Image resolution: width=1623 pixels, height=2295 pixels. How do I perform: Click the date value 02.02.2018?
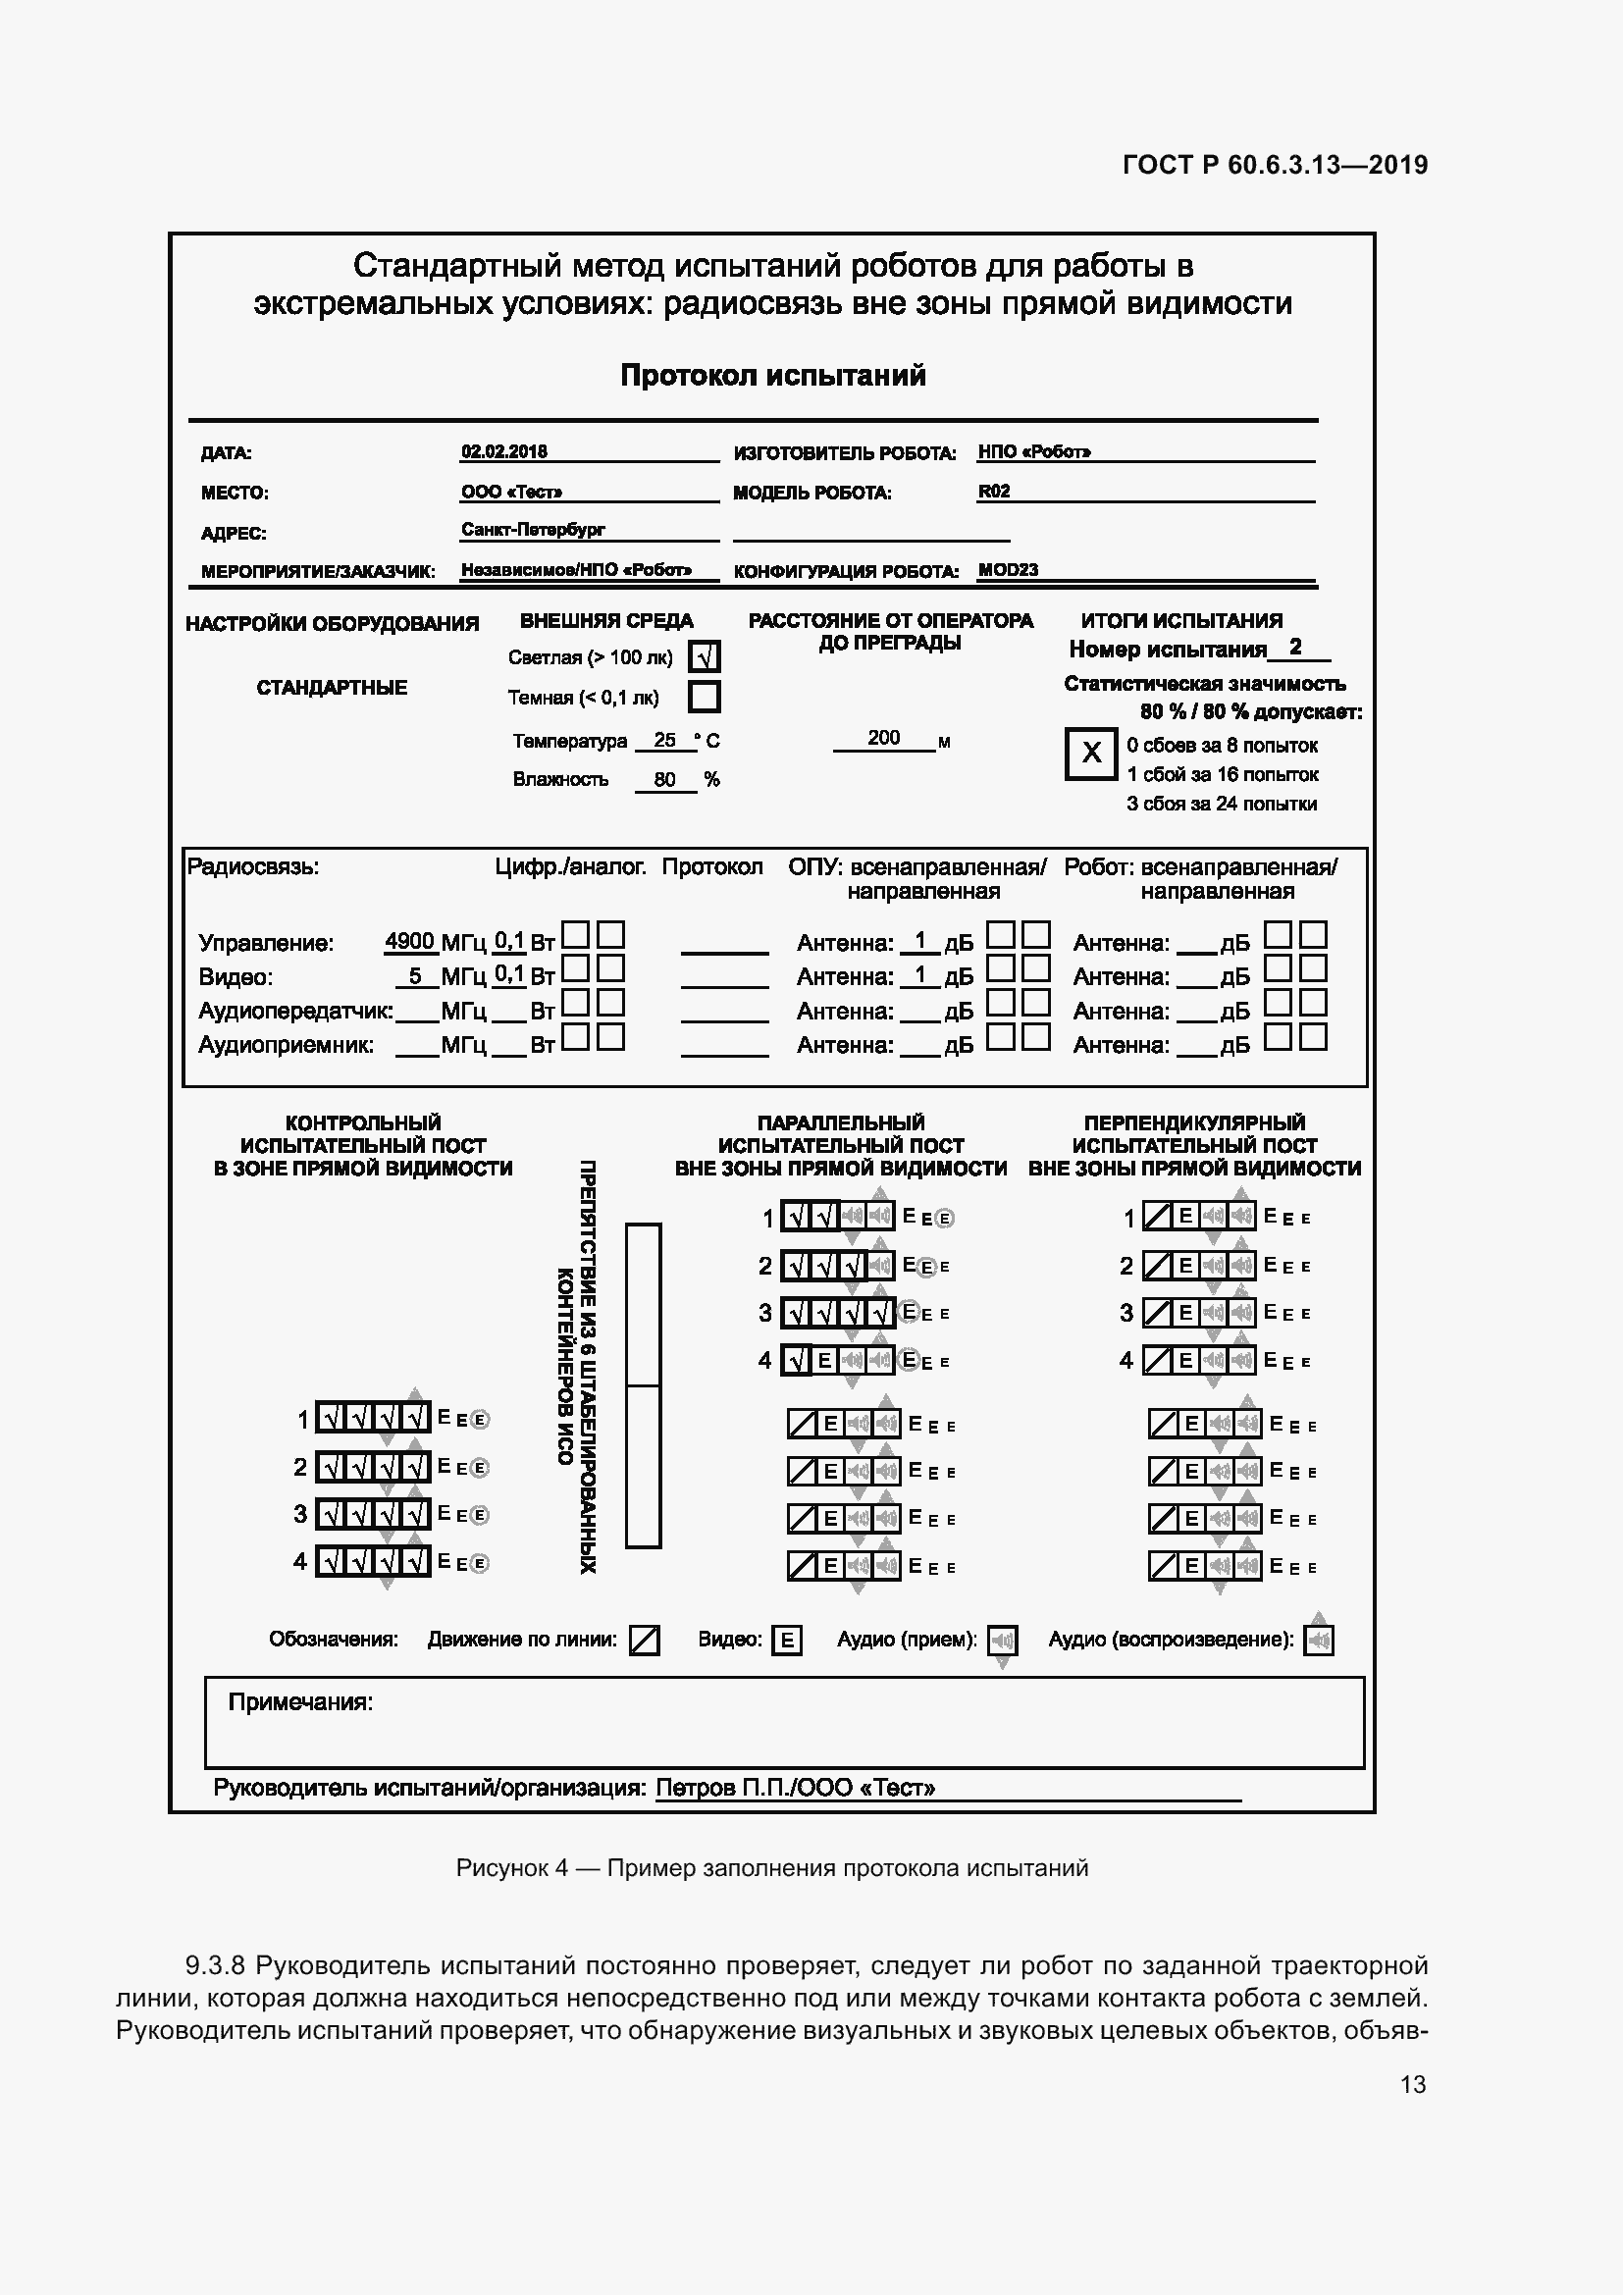503,450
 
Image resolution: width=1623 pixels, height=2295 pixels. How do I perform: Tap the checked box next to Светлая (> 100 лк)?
705,656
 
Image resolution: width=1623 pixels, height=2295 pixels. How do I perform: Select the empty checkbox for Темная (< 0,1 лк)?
705,697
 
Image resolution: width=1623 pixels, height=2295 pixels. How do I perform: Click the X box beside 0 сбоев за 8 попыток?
1090,753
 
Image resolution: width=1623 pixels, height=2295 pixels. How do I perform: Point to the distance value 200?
883,738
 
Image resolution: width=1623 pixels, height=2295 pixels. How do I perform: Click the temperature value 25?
664,741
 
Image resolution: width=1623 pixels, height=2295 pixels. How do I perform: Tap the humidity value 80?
664,780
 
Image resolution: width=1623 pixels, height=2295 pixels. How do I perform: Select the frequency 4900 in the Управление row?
410,942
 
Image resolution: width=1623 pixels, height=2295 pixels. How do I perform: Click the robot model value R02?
993,491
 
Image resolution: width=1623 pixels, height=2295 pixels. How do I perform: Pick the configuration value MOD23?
1008,570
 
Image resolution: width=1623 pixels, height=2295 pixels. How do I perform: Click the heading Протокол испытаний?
772,376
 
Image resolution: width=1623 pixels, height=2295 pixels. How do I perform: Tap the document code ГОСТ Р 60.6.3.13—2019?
1276,165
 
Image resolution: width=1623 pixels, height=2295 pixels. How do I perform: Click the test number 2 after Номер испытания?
1295,648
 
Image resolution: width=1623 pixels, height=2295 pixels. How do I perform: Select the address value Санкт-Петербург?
533,529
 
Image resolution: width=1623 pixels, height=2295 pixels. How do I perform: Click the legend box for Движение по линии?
645,1641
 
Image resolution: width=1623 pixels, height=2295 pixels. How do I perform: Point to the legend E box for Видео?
787,1641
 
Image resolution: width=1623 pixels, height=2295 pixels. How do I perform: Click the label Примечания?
300,1702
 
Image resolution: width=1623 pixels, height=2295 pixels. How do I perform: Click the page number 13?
1413,2084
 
